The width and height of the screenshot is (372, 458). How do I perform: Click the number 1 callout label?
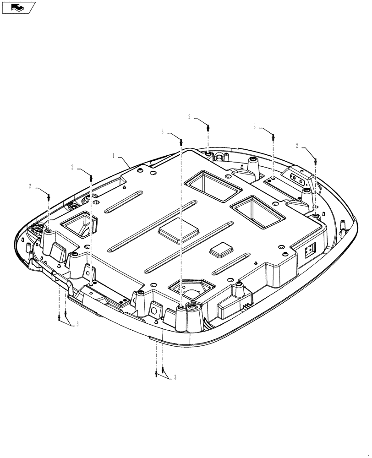tap(113, 156)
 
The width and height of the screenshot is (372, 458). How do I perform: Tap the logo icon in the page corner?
tap(18, 7)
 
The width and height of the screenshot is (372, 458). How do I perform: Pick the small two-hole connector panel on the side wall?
tap(310, 250)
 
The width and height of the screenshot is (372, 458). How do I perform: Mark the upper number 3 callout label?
tap(77, 324)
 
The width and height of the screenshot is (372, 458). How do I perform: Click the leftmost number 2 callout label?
tap(30, 186)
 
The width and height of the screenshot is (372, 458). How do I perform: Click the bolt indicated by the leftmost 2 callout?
tap(49, 196)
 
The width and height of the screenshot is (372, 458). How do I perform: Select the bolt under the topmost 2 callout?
tap(208, 128)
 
